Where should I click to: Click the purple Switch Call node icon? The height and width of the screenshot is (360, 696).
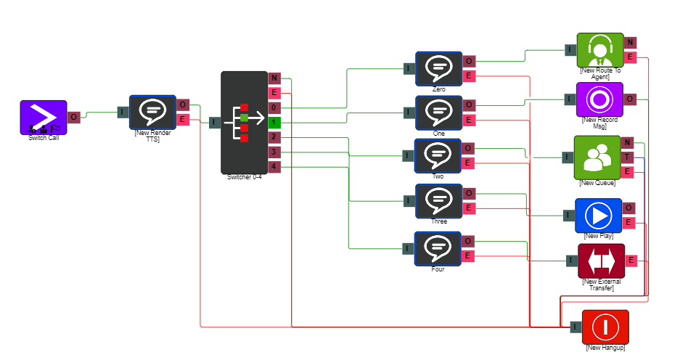point(43,117)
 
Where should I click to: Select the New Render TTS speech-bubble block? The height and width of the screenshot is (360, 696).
point(152,112)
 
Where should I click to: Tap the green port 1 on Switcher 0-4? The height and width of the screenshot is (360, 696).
point(274,123)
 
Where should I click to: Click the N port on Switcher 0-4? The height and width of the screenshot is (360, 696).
point(274,78)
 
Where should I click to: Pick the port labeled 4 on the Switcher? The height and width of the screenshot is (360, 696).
point(274,167)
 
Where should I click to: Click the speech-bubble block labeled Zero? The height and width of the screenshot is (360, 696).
point(438,68)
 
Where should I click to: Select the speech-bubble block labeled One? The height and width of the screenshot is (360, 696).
point(438,112)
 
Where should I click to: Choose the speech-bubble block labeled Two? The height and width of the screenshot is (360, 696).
point(438,155)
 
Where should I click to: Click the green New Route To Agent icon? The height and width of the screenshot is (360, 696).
point(600,50)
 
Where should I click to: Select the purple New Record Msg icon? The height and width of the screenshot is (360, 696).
point(600,99)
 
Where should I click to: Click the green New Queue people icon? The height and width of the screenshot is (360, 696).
point(597,157)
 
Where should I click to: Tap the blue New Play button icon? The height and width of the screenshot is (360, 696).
point(599,216)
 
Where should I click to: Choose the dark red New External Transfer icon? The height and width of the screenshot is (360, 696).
point(601,261)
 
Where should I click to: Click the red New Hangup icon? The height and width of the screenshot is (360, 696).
point(605,327)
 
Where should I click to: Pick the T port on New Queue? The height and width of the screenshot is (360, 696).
point(628,157)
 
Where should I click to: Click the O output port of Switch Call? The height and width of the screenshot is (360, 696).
point(73,117)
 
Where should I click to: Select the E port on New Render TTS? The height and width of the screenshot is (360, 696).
point(183,119)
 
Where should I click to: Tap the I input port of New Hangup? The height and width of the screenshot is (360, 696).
point(575,327)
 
